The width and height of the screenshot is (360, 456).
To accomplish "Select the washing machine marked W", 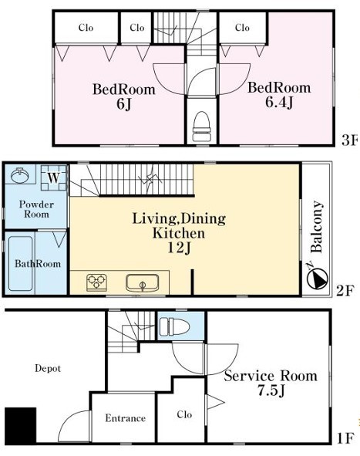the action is tap(53, 177).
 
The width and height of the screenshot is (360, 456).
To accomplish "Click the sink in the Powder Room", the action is tap(20, 175).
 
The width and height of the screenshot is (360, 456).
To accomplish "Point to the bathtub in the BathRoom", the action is tap(20, 263).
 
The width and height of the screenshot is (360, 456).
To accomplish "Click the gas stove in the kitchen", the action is tap(97, 282).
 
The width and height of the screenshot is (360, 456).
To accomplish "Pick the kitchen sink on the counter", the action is tap(143, 282).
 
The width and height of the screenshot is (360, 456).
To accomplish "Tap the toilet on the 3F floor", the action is tap(201, 127).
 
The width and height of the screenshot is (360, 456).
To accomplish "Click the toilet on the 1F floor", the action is tap(175, 326).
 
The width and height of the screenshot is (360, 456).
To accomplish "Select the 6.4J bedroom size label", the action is tap(279, 103).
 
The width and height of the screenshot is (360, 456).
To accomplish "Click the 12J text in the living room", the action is tap(180, 248).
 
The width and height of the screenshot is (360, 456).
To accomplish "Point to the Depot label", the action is tap(48, 369).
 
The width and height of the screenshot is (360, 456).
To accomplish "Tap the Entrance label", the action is tap(125, 418).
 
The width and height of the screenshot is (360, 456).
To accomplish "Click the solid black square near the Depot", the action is tap(20, 425).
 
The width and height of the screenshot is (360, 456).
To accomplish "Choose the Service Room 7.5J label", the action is tap(271, 383).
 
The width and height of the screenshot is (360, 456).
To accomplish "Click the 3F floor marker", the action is tap(349, 141).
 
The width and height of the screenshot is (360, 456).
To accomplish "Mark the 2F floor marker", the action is tap(345, 291).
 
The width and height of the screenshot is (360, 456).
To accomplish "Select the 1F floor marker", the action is tap(346, 438).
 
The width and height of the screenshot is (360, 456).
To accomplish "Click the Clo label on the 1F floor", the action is tap(184, 414).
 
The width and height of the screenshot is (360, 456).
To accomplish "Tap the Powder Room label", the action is tap(36, 209).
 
